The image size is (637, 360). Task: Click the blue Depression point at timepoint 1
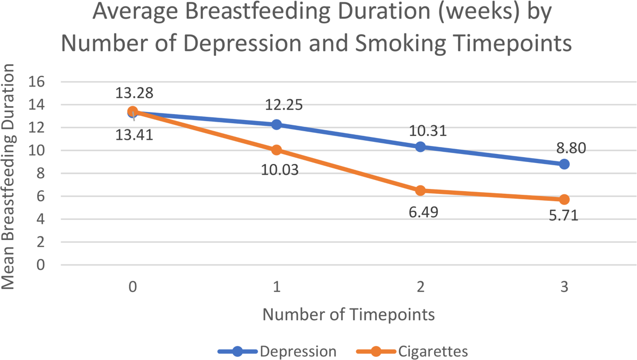277,125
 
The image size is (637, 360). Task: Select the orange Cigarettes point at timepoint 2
420,191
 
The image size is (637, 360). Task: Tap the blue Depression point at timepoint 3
564,164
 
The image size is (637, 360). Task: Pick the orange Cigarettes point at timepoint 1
277,150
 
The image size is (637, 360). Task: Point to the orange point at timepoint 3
564,199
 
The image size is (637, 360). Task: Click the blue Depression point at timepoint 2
420,147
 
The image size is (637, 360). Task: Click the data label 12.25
284,105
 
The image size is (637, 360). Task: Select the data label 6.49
424,212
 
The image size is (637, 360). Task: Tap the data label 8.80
571,148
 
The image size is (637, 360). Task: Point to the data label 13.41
134,134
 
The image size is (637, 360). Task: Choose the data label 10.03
280,170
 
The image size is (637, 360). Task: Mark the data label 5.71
564,215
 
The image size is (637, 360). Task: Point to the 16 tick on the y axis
37,82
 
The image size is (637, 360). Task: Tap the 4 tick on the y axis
41,219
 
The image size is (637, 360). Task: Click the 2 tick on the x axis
420,287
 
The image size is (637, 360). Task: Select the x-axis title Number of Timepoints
349,314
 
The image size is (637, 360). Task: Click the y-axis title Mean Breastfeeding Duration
8,176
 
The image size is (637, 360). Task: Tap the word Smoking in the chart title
401,44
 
